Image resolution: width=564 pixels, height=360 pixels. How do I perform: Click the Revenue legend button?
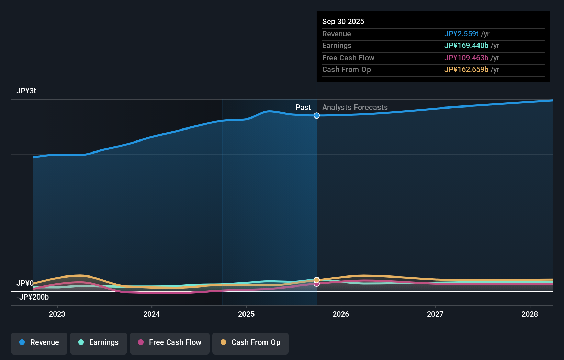point(39,342)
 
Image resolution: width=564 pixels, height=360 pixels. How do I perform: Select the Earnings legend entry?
point(99,342)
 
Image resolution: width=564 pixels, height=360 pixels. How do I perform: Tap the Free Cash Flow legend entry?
point(170,342)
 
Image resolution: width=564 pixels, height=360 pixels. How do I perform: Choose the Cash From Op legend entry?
point(250,342)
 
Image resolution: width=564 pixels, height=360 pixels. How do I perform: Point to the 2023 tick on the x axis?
point(57,314)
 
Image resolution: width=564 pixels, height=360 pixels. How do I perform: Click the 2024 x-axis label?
point(151,314)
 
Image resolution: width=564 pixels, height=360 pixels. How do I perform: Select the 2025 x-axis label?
point(246,314)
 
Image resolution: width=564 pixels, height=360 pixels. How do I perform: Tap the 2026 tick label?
point(341,314)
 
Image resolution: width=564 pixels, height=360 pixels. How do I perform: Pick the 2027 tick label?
point(435,314)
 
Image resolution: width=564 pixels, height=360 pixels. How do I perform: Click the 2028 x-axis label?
point(530,314)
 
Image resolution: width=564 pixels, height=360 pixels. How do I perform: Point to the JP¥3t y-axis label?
point(26,91)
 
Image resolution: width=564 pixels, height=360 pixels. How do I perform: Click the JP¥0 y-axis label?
point(25,283)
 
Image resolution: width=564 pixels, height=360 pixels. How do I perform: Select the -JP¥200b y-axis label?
point(33,297)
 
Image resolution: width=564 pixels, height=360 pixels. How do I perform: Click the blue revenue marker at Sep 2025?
point(317,115)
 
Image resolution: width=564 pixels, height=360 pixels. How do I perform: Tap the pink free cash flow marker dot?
point(317,284)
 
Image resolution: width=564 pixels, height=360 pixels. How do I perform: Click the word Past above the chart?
point(303,108)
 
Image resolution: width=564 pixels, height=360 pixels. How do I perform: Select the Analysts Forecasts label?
point(355,108)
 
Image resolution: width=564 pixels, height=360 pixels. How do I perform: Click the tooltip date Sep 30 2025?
point(343,21)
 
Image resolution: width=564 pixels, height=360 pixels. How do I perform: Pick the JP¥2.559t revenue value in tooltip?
point(461,34)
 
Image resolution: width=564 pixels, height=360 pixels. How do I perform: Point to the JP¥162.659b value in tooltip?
point(466,70)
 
